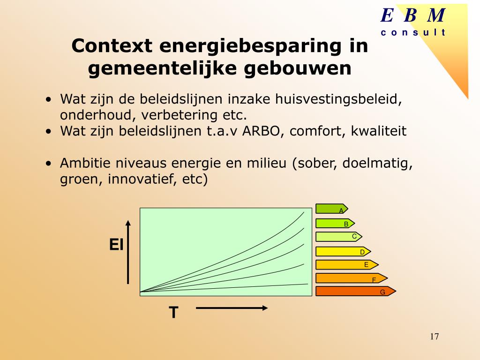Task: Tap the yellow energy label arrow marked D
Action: pos(343,252)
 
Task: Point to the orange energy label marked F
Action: pos(351,278)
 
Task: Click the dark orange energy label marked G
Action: pos(355,292)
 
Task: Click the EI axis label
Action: pos(116,244)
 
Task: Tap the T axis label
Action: pos(174,312)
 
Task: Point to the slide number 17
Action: pos(434,337)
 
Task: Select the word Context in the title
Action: pos(112,46)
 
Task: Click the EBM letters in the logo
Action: pos(412,16)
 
